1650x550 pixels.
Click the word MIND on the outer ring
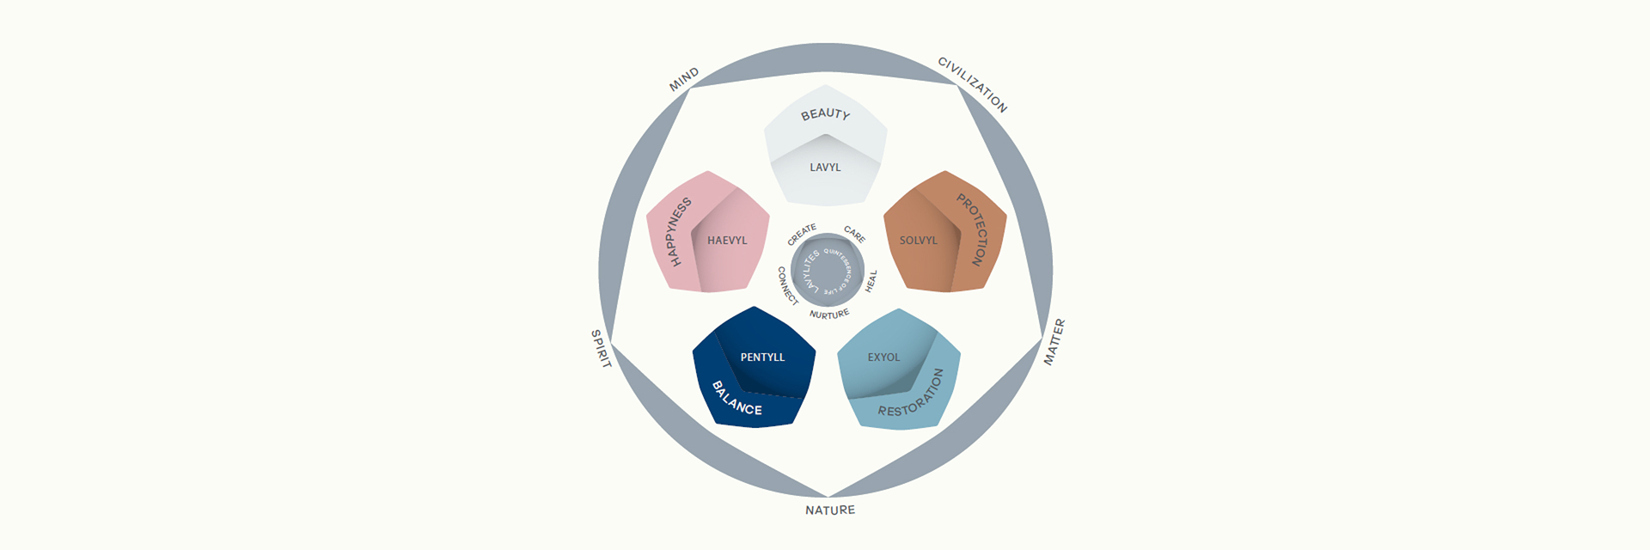point(684,79)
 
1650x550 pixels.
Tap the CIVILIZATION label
point(972,84)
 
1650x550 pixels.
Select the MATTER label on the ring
point(1054,342)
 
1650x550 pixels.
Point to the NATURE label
point(830,510)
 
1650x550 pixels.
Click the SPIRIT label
point(601,349)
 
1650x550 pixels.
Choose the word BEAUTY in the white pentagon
point(825,113)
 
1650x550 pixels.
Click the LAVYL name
point(825,168)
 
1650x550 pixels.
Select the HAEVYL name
point(727,241)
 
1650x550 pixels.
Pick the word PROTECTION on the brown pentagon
point(975,229)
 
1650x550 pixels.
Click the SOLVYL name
point(919,241)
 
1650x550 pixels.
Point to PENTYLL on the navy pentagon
point(762,357)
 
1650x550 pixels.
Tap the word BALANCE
point(736,399)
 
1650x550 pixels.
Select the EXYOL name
point(883,357)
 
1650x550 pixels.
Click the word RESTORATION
point(913,396)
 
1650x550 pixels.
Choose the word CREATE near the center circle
point(802,234)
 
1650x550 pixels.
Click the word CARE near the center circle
point(854,234)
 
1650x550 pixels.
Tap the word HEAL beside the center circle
point(871,281)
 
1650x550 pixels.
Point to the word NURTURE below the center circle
point(829,315)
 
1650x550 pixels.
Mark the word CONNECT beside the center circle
point(786,285)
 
